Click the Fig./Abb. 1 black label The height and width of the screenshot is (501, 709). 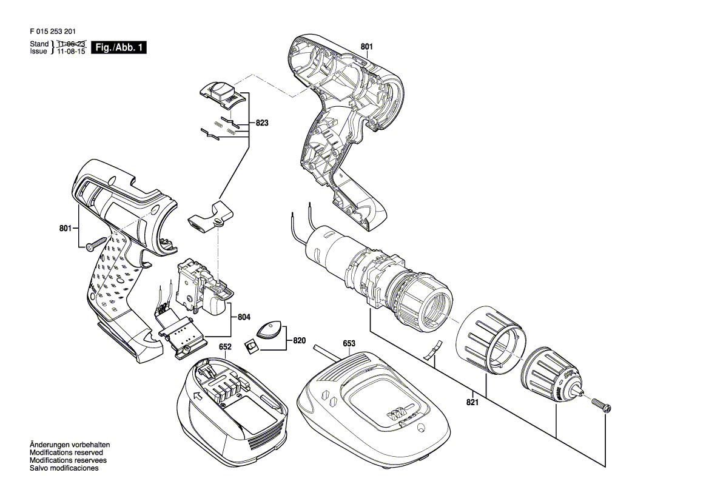click(x=119, y=47)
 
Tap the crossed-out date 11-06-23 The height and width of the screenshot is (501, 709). click(x=70, y=44)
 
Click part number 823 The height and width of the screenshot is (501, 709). click(x=262, y=123)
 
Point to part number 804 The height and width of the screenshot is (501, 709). click(x=244, y=317)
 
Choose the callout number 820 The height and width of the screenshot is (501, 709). click(x=300, y=341)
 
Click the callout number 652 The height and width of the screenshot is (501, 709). click(x=225, y=347)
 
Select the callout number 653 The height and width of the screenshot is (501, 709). click(x=349, y=344)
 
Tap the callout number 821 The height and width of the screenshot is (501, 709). click(x=472, y=402)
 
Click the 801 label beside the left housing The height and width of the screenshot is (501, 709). click(x=66, y=229)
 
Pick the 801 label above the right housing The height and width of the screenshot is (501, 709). click(x=367, y=46)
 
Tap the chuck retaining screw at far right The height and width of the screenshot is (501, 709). click(x=601, y=404)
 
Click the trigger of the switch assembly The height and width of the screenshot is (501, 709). click(x=216, y=301)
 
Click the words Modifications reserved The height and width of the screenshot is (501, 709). click(x=66, y=452)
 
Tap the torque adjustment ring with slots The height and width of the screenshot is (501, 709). click(x=490, y=341)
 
